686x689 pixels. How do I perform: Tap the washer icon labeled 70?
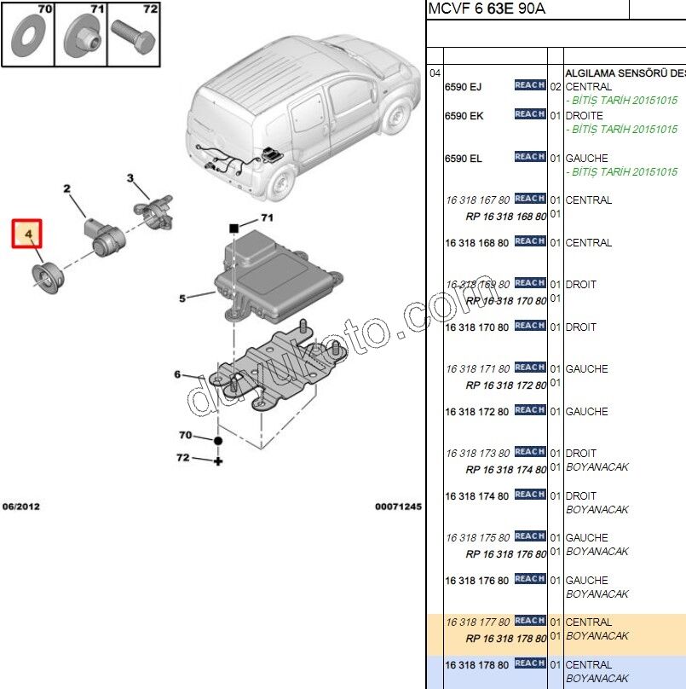coord(27,38)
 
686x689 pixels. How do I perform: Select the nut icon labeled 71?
coord(81,38)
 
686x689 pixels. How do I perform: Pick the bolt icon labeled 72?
coord(135,38)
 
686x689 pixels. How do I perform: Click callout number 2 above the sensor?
coord(66,188)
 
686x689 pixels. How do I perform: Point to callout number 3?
coord(130,178)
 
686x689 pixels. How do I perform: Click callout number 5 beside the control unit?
coord(182,298)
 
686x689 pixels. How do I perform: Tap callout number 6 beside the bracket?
coord(178,374)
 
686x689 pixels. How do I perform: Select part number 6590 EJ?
coord(464,87)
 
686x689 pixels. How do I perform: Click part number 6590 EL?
coord(464,159)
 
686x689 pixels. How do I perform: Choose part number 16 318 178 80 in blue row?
coord(477,665)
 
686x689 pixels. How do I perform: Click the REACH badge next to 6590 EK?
coord(529,114)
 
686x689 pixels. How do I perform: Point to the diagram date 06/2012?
coord(20,507)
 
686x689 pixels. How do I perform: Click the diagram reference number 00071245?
coord(398,507)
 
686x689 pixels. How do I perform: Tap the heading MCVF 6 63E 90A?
coord(487,9)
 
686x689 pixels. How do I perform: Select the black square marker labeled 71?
coord(233,229)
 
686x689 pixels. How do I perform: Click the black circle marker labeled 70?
coord(218,441)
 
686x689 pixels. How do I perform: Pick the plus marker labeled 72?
coord(218,461)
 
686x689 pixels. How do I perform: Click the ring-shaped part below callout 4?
coord(44,279)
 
